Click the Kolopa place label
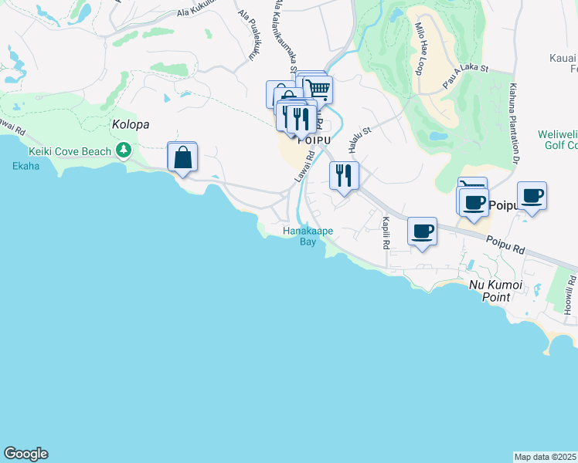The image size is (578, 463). (130, 124)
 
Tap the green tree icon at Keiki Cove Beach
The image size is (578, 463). (122, 149)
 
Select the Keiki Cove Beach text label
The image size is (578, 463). (70, 152)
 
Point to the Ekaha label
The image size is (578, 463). (25, 166)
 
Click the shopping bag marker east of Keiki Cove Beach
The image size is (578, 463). (182, 157)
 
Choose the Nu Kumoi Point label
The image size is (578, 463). (496, 292)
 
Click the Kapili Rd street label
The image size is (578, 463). (385, 233)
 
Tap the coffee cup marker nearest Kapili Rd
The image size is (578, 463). (422, 231)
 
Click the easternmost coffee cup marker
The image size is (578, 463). (532, 195)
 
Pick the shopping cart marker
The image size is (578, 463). (318, 90)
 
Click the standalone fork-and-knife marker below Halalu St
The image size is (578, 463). (344, 175)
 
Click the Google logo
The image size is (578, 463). (25, 454)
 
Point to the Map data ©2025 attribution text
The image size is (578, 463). (546, 457)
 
